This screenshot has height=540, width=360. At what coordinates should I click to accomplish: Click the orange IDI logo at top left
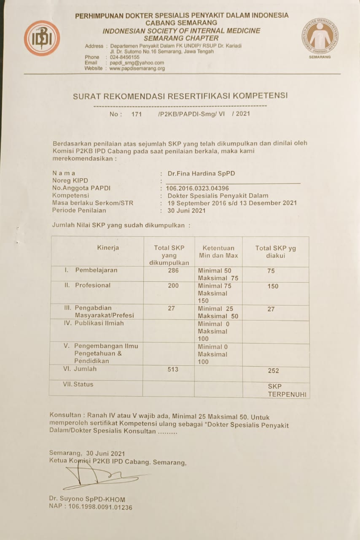(x=42, y=38)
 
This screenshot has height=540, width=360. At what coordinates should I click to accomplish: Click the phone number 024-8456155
(x=124, y=57)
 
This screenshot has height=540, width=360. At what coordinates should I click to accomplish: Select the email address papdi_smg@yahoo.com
(x=137, y=63)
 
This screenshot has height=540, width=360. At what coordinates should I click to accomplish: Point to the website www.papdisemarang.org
(x=137, y=68)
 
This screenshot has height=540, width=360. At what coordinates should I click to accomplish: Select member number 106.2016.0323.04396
(x=198, y=188)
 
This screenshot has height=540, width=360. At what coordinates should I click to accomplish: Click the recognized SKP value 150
(x=273, y=286)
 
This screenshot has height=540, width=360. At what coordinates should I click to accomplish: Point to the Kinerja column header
(x=108, y=248)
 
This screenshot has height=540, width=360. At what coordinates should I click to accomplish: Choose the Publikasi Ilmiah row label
(x=94, y=323)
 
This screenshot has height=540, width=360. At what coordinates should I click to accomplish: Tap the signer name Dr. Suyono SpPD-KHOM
(x=87, y=499)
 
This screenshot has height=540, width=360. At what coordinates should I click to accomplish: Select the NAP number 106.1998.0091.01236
(x=91, y=507)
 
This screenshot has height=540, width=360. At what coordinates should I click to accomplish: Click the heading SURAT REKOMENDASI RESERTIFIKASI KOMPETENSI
(x=180, y=96)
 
